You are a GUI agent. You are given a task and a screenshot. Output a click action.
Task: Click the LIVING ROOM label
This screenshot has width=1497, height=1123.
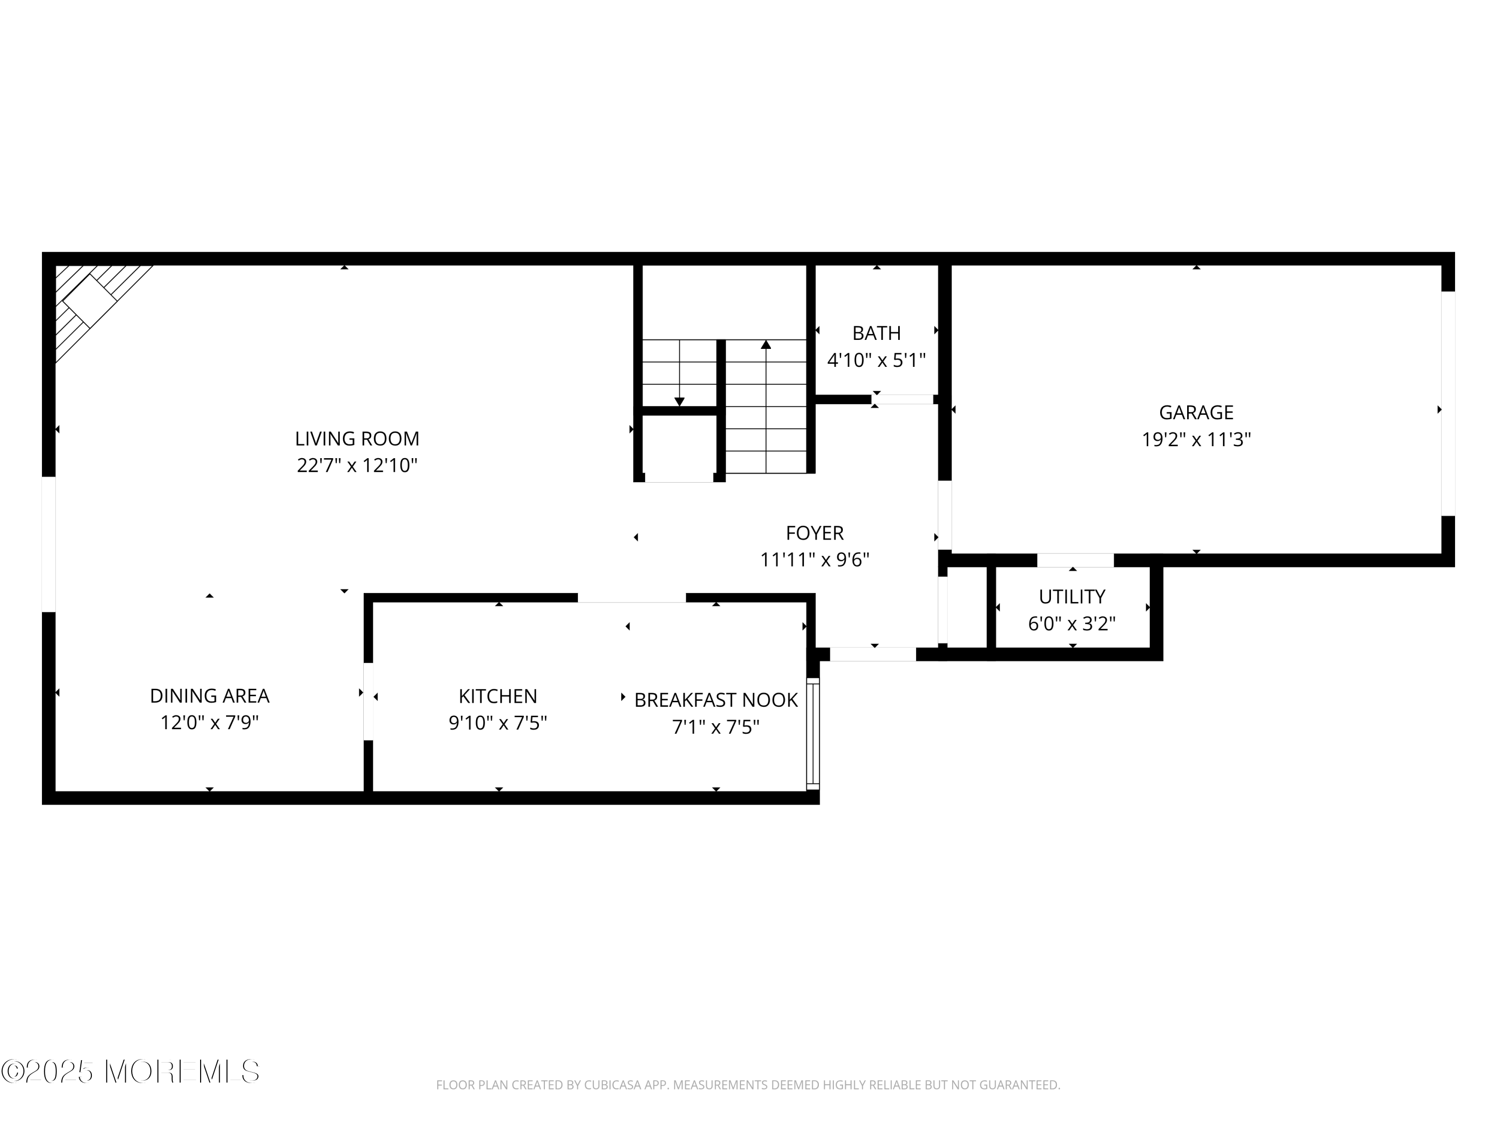coord(357,439)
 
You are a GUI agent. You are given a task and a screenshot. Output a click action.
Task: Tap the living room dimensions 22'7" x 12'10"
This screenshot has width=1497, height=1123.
coord(357,466)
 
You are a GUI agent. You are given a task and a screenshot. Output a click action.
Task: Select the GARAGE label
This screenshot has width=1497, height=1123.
coord(1196,412)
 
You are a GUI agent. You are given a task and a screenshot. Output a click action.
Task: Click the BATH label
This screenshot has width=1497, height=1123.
coord(876,333)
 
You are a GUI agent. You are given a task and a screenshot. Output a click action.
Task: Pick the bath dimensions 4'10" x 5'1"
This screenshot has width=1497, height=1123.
coord(876,360)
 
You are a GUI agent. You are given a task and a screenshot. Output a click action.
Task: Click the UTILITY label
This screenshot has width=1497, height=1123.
coord(1071,596)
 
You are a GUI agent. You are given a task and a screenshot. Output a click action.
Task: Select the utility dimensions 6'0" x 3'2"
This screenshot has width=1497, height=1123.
coord(1071,623)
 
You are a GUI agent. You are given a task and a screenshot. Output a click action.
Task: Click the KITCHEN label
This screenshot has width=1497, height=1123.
coord(498,696)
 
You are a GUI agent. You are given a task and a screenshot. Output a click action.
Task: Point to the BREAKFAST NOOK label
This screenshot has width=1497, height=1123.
coord(716,700)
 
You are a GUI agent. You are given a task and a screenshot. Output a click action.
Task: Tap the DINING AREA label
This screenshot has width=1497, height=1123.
coord(209,696)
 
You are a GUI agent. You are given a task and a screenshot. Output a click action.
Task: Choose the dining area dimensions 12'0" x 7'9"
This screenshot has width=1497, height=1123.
coord(209,723)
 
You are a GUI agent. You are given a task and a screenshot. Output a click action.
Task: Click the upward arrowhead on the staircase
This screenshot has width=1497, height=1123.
coord(765,344)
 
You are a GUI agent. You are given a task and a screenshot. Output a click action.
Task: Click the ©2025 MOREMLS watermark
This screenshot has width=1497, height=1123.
coord(130,1072)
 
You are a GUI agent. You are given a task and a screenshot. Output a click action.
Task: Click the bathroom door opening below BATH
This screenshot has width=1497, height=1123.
coord(902,399)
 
